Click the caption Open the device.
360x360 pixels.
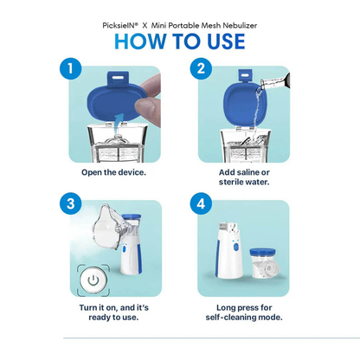point(114,172)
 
